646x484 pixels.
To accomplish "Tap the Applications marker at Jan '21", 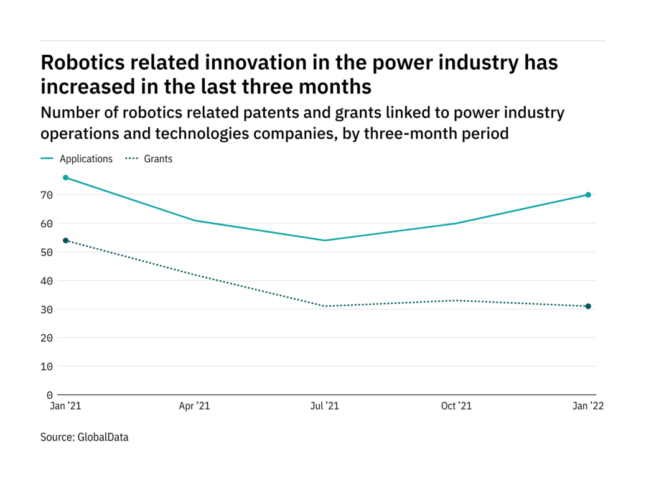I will click(x=65, y=178).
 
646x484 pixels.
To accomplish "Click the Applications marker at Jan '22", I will click(x=587, y=195).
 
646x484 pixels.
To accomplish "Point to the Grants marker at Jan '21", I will click(x=65, y=240).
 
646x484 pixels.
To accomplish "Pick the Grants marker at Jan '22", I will click(x=587, y=306).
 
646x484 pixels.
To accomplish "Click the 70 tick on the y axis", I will click(x=47, y=195).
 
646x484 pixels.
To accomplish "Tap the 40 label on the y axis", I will click(x=47, y=281).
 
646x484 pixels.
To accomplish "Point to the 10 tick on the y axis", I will click(x=47, y=366).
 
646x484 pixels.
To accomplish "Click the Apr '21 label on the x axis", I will click(x=194, y=406).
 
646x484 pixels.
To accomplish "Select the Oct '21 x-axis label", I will click(x=456, y=406).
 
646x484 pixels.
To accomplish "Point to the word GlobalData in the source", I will click(x=103, y=437).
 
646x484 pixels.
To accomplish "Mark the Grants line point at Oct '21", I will click(x=457, y=300).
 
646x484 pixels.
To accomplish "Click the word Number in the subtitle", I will click(x=67, y=113).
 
